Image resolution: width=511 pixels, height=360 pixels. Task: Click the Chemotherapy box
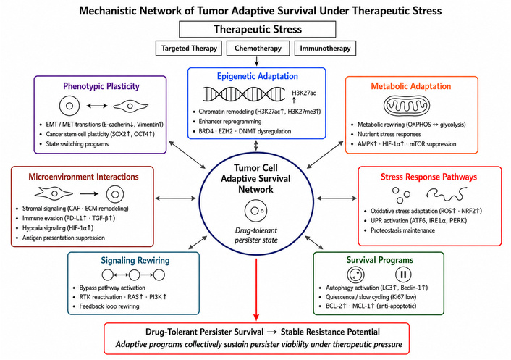pyautogui.click(x=258, y=49)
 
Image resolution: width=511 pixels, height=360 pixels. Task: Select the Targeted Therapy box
pyautogui.click(x=189, y=49)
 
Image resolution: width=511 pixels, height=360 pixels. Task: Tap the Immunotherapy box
pyautogui.click(x=325, y=49)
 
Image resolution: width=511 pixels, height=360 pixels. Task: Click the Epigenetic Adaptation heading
pyautogui.click(x=258, y=76)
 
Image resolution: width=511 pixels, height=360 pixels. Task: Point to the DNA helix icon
pyautogui.click(x=244, y=94)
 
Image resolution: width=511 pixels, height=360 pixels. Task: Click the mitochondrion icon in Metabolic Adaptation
pyautogui.click(x=406, y=106)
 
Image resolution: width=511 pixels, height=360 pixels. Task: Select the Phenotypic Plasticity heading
pyautogui.click(x=101, y=86)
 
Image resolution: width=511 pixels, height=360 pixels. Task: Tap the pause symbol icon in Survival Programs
pyautogui.click(x=403, y=275)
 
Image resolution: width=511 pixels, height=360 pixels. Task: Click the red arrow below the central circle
pyautogui.click(x=256, y=289)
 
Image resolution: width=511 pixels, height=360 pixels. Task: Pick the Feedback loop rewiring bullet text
pyautogui.click(x=109, y=306)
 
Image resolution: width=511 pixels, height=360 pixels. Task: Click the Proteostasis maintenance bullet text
pyautogui.click(x=403, y=230)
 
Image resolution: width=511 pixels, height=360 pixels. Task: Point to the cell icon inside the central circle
pyautogui.click(x=255, y=211)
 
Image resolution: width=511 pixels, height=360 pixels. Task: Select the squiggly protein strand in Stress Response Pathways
pyautogui.click(x=447, y=194)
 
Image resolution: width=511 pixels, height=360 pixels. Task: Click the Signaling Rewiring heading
pyautogui.click(x=135, y=260)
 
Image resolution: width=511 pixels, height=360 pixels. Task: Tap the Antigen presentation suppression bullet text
pyautogui.click(x=64, y=238)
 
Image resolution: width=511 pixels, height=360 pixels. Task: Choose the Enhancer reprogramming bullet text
pyautogui.click(x=230, y=121)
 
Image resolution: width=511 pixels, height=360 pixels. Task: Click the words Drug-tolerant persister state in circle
pyautogui.click(x=256, y=235)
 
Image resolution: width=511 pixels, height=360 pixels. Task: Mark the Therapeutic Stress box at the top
pyautogui.click(x=258, y=30)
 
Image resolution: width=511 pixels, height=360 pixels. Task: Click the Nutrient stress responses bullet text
pyautogui.click(x=389, y=134)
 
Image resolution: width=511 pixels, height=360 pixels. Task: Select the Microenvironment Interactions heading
pyautogui.click(x=83, y=177)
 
